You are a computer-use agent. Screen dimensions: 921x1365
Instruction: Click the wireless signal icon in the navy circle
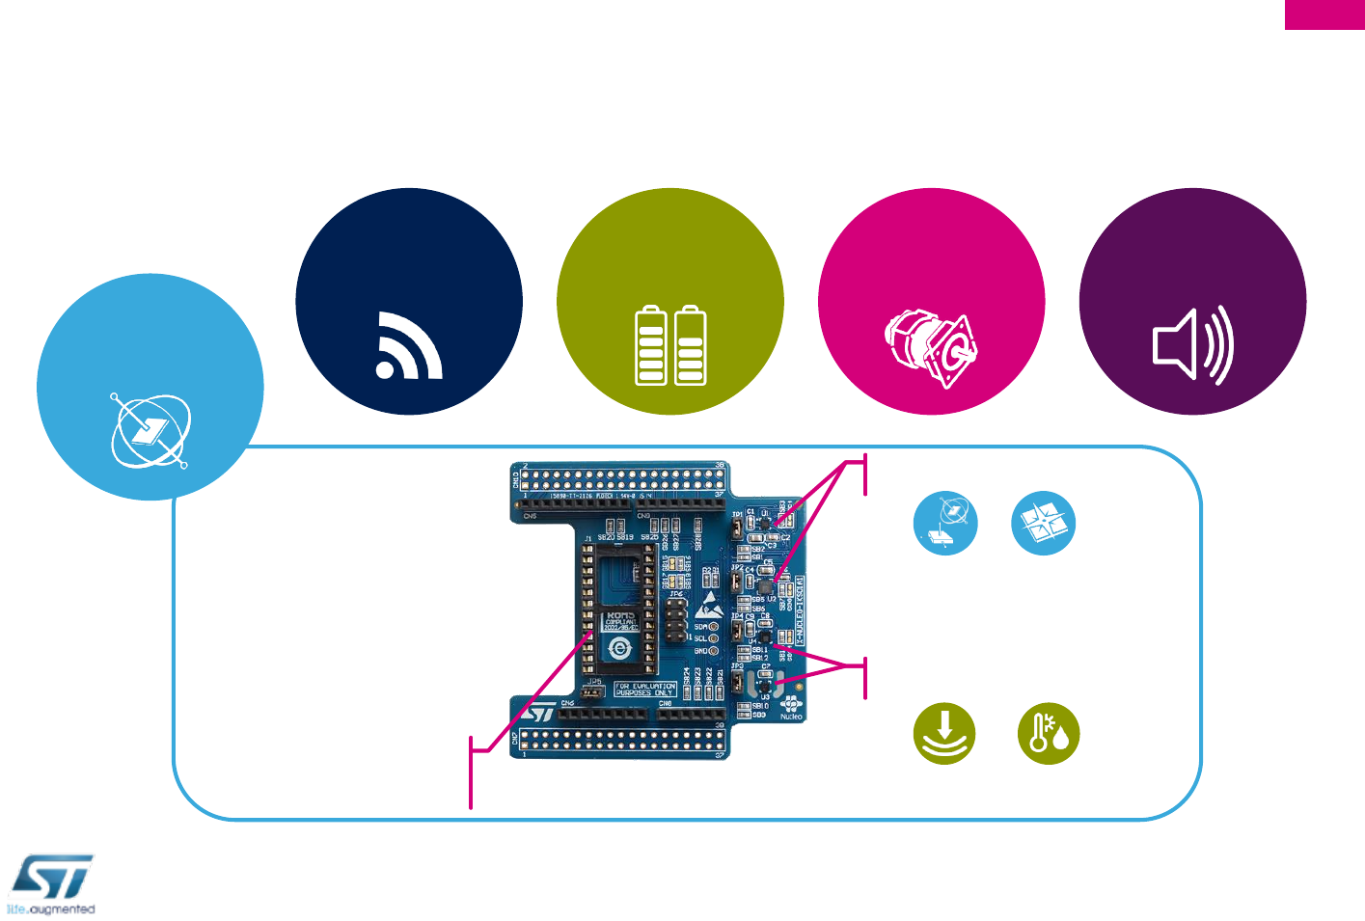[x=409, y=345]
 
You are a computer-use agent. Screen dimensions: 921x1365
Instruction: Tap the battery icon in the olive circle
[x=670, y=345]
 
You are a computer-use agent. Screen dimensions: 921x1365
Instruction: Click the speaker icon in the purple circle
[x=1193, y=344]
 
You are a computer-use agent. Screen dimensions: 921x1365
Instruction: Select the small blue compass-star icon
[x=1043, y=524]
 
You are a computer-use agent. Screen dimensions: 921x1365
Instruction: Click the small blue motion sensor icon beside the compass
[x=945, y=524]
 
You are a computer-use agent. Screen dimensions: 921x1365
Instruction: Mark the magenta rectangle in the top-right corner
[x=1324, y=14]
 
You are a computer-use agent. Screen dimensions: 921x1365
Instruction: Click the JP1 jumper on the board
[x=738, y=527]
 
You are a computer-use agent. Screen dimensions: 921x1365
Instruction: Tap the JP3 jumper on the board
[x=738, y=681]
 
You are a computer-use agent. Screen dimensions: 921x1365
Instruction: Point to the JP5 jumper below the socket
[x=594, y=691]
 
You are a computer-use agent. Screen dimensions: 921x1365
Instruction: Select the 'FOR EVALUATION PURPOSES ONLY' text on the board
[x=645, y=690]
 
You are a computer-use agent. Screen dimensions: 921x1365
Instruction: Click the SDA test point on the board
[x=713, y=627]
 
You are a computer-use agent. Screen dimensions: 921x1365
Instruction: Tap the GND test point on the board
[x=713, y=651]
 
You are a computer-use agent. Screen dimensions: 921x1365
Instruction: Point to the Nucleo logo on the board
[x=791, y=708]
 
